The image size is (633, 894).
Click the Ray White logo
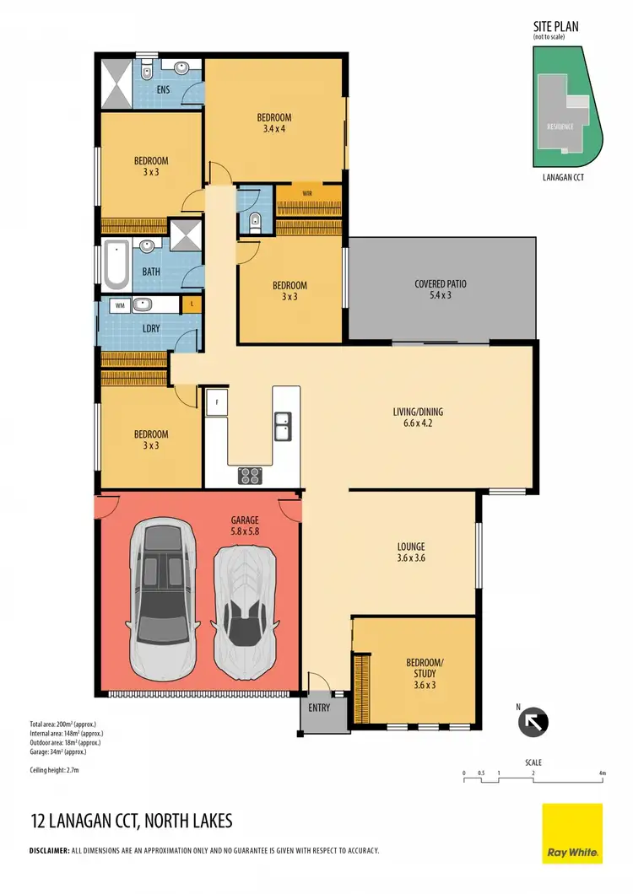point(571,833)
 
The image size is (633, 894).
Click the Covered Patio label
point(441,290)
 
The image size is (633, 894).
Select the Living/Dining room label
point(418,417)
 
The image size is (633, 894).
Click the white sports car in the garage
point(246,605)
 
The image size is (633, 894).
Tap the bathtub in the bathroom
point(116,264)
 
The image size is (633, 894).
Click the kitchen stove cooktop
point(251,476)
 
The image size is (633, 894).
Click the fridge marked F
point(217,403)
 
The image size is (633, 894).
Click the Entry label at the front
point(319,708)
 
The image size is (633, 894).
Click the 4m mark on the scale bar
point(602,773)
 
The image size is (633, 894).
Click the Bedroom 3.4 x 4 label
point(274,123)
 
